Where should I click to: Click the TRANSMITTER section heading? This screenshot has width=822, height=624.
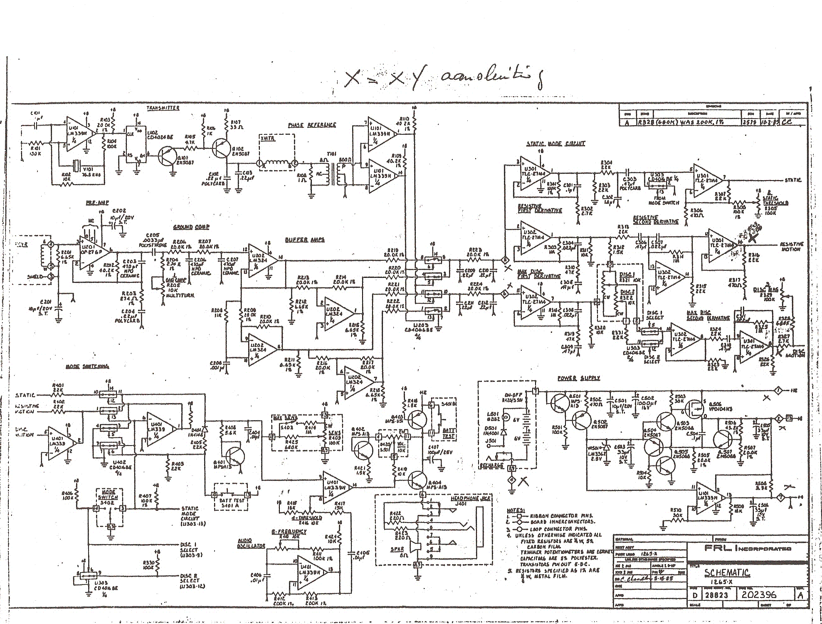coord(163,108)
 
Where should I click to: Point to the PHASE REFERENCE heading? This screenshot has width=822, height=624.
coord(312,125)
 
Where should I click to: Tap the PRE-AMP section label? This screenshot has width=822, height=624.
coord(97,203)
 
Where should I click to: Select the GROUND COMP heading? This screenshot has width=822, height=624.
coord(191,227)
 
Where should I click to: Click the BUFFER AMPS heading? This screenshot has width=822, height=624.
coord(305,240)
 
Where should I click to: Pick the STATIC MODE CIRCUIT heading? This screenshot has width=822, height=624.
coord(555,144)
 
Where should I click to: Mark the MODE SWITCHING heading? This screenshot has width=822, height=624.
coord(87,366)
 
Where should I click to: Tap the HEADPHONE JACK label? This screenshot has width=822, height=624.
coord(470,498)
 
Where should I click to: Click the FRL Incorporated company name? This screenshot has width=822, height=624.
coord(748,548)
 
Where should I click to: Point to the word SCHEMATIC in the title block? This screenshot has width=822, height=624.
coord(727,573)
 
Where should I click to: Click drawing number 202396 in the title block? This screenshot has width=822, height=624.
coord(759,595)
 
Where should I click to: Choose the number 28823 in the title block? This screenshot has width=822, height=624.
coord(716,595)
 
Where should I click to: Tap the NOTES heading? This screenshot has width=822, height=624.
coord(516,510)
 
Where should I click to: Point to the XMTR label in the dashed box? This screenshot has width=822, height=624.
coord(267,139)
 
